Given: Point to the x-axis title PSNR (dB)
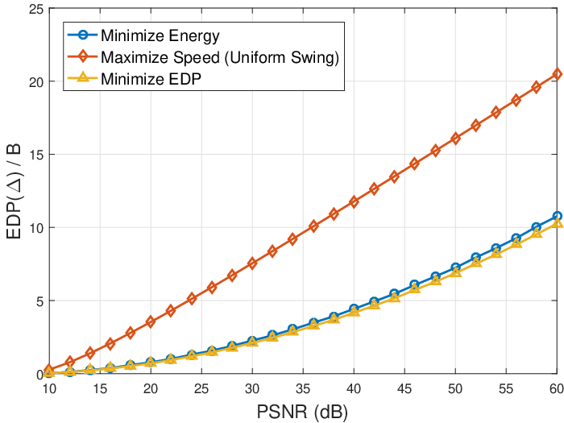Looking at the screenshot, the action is [x=302, y=413].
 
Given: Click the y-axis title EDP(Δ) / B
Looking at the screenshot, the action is [x=15, y=191].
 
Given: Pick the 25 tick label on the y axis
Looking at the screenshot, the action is [x=36, y=9].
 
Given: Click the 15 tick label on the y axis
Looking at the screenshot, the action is [x=36, y=155].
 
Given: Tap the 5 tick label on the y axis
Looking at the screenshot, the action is [x=39, y=301].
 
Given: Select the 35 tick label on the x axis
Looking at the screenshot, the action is [x=303, y=389].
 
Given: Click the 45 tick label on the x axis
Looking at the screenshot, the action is [x=404, y=389].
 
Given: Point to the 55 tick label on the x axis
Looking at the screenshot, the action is [x=506, y=389].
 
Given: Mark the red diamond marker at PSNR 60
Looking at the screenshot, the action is [x=558, y=74].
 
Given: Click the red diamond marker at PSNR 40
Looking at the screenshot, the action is [x=354, y=201].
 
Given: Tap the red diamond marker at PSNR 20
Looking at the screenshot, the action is [x=151, y=321].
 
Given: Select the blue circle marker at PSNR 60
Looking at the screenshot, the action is [x=558, y=216].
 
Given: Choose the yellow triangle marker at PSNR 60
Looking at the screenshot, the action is [x=558, y=223].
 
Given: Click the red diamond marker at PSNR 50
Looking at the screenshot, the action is [x=455, y=139].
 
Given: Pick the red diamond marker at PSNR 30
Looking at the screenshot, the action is [x=252, y=263].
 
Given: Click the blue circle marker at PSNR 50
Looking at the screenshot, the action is [x=455, y=267].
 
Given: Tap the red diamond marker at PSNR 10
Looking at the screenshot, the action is [x=49, y=369].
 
